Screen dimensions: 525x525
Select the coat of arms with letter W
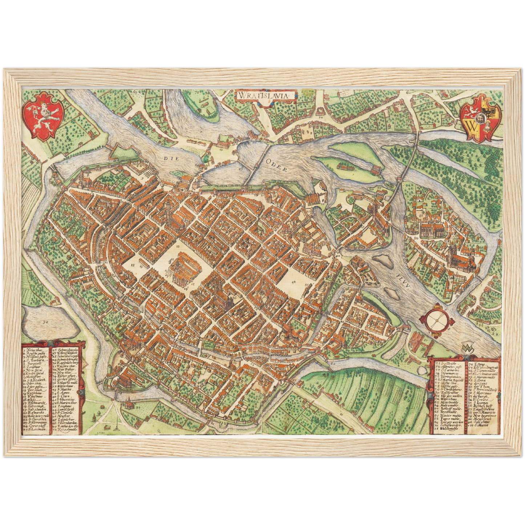click(x=481, y=118)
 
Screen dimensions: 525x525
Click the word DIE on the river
click(x=169, y=158)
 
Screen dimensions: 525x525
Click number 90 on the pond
click(x=45, y=322)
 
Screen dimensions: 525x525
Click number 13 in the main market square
click(x=178, y=246)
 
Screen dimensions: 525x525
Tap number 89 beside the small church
click(x=138, y=408)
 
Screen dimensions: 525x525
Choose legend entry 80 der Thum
click(x=480, y=387)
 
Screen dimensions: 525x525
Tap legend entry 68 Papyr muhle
click(x=448, y=419)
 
